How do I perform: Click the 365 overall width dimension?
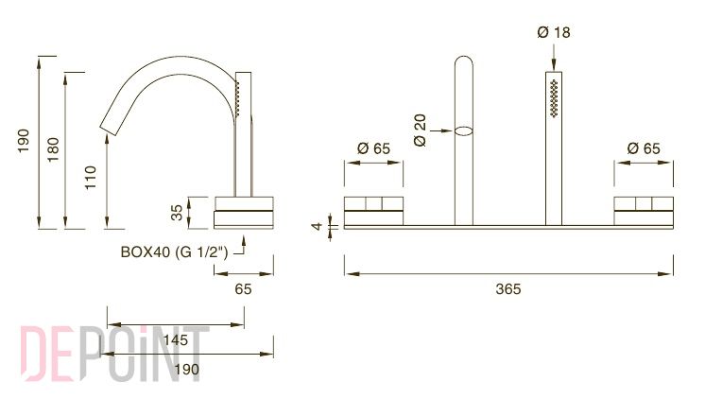[x=508, y=288]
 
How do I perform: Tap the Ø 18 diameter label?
[x=554, y=32]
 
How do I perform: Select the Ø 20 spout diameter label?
[x=420, y=130]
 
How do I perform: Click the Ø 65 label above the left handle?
[x=373, y=148]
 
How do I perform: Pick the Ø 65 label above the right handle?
[x=644, y=148]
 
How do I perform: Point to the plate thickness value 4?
[x=318, y=226]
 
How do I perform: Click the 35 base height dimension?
[x=177, y=213]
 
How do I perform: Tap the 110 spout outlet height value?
[x=91, y=178]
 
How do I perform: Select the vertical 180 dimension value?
[x=53, y=149]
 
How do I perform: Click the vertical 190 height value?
[x=24, y=141]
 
